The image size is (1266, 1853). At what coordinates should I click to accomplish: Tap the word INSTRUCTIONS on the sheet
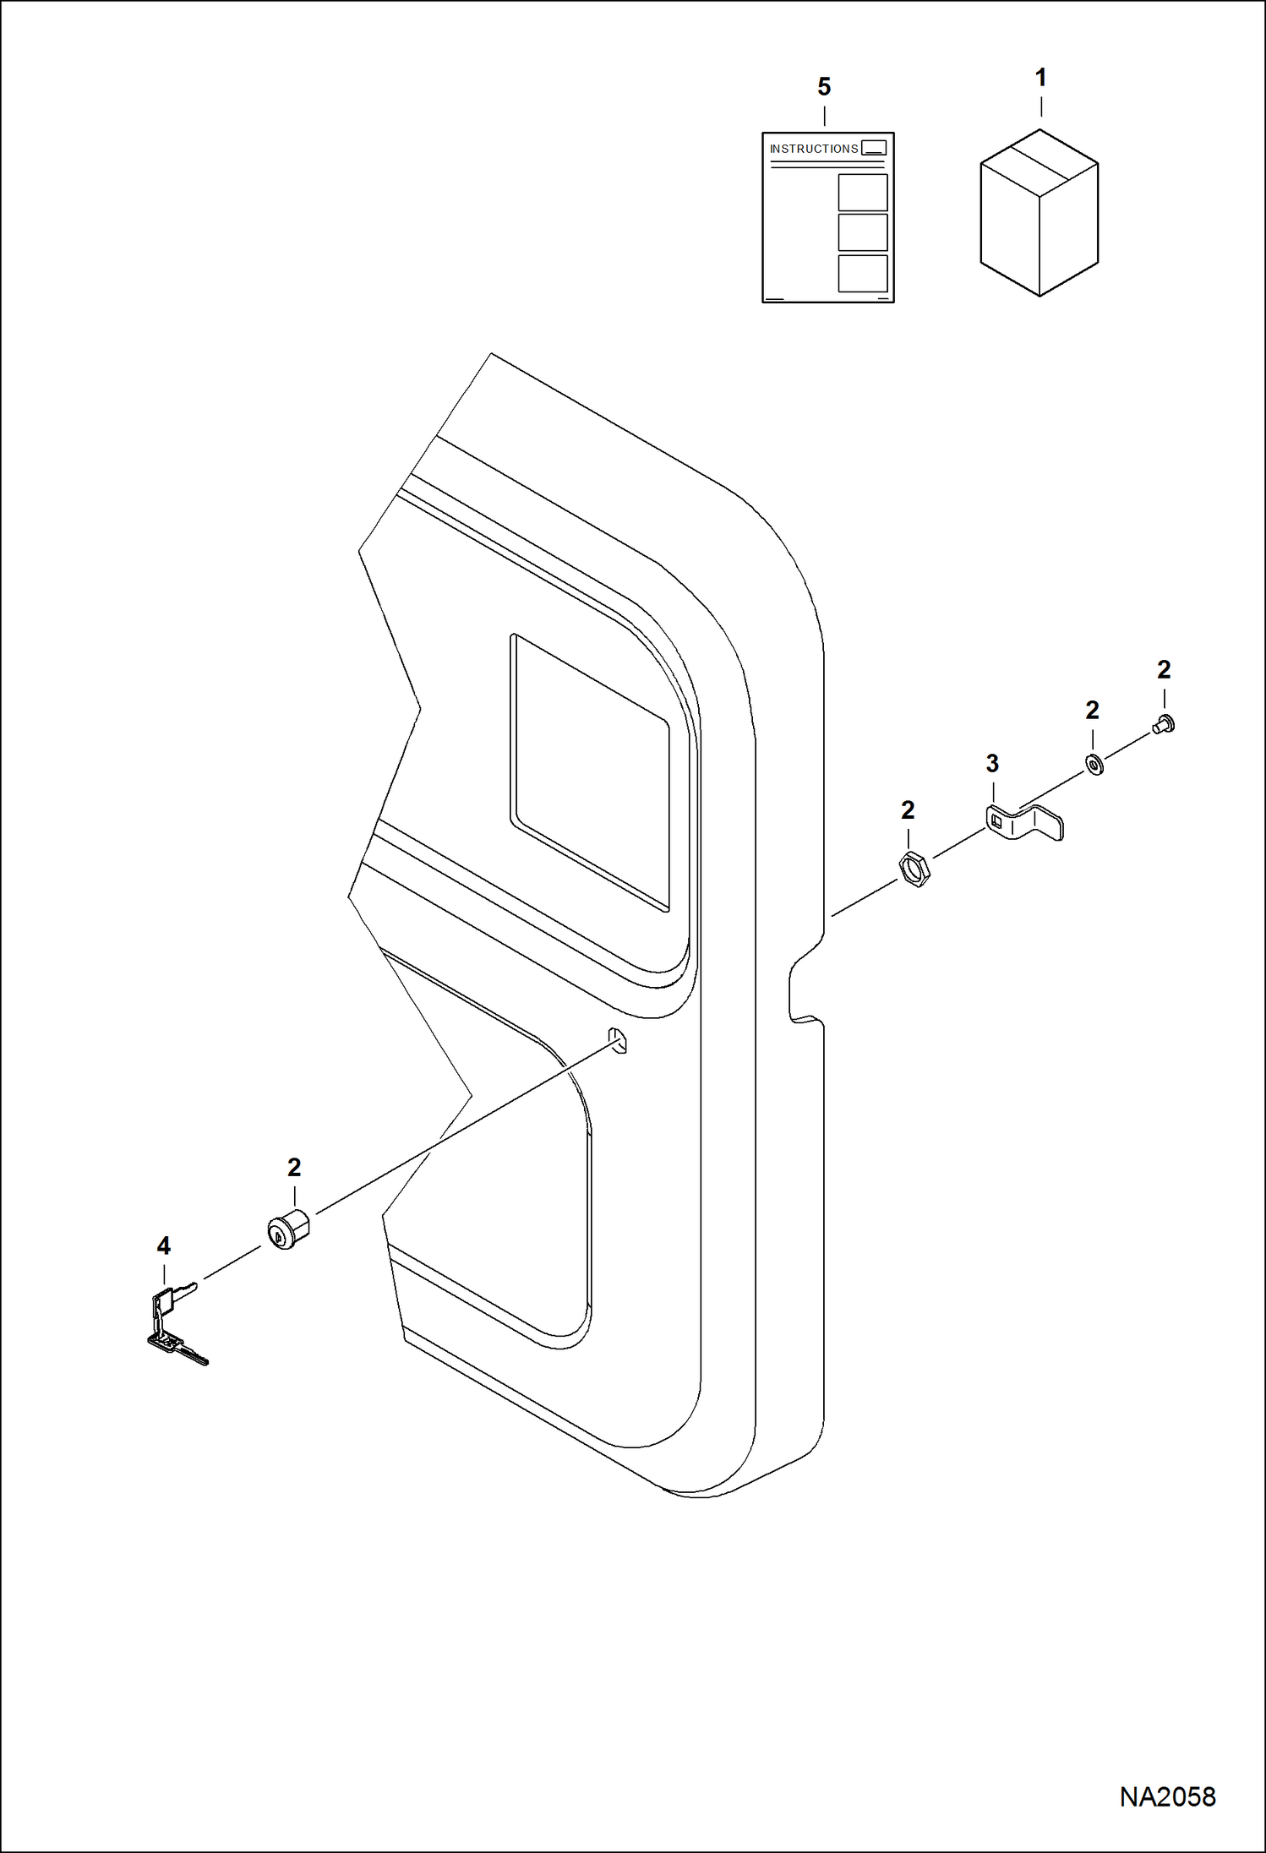[x=813, y=149]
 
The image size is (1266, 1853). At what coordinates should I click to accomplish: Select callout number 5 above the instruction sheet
[x=824, y=87]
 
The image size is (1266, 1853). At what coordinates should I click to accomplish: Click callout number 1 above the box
[x=1040, y=78]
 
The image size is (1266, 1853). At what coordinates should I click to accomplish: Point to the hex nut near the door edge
[x=914, y=869]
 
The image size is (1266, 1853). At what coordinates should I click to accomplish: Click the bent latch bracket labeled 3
[x=1023, y=822]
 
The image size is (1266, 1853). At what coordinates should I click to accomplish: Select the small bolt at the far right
[x=1164, y=722]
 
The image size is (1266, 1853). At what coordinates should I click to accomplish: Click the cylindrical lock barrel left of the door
[x=289, y=1229]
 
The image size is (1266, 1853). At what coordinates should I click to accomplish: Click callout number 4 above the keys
[x=163, y=1245]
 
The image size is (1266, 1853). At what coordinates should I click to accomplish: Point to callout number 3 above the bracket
[x=992, y=763]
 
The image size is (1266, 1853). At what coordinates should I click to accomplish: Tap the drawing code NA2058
[x=1167, y=1796]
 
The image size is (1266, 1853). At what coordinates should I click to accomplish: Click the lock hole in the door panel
[x=618, y=1041]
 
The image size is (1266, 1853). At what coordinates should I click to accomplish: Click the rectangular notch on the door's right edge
[x=804, y=988]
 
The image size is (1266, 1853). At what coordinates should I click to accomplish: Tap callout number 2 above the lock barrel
[x=294, y=1168]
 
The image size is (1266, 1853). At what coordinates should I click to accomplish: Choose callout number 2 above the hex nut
[x=908, y=810]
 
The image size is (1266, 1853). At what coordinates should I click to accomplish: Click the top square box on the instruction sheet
[x=862, y=193]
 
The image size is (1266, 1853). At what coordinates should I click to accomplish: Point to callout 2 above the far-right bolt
[x=1164, y=670]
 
